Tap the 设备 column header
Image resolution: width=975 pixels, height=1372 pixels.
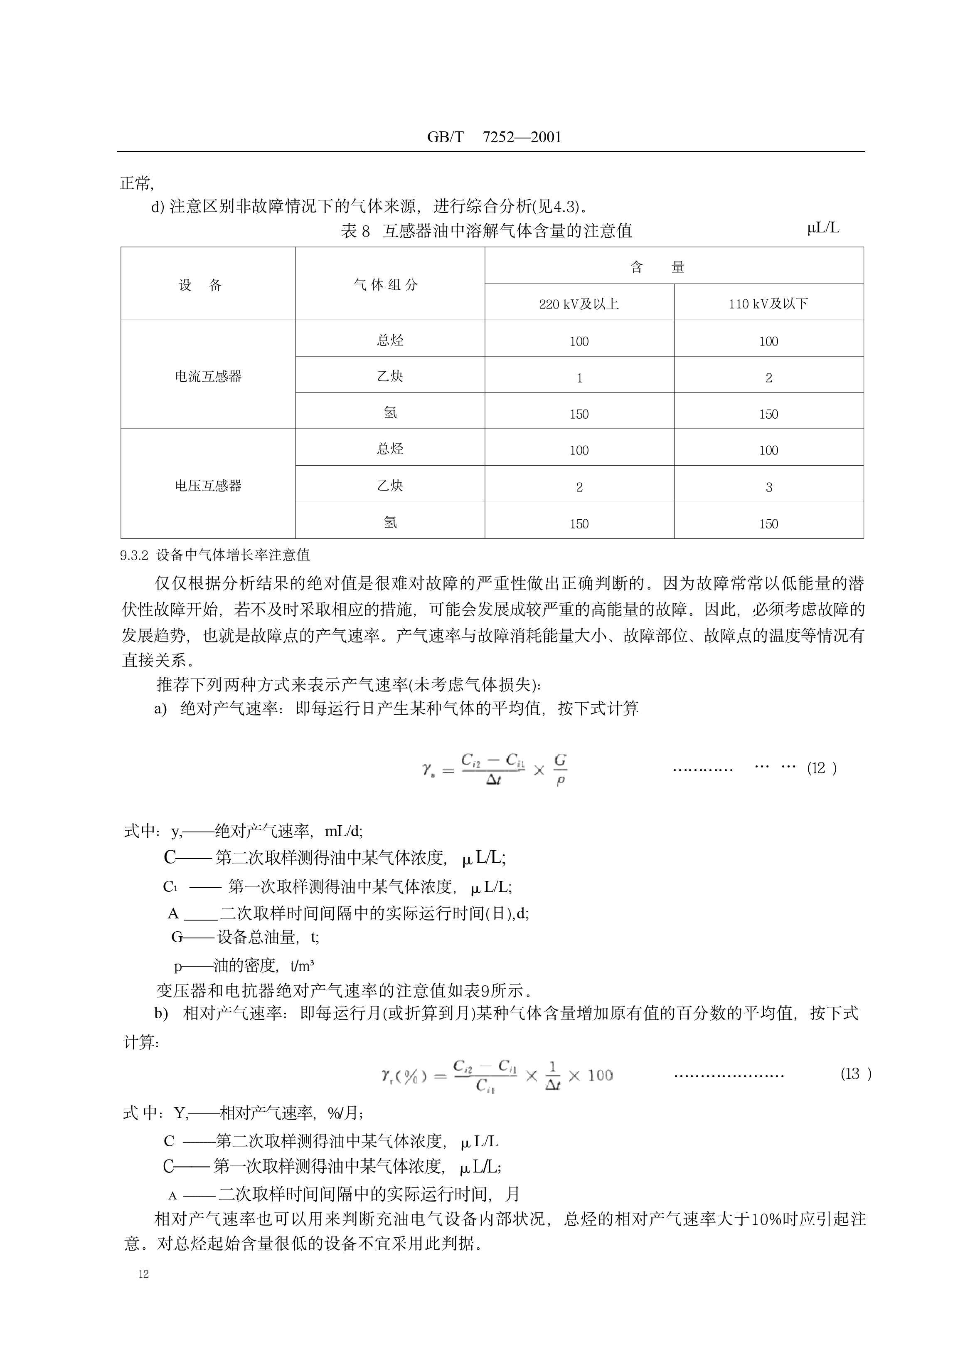(x=200, y=285)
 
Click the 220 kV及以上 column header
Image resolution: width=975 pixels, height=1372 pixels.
(x=579, y=304)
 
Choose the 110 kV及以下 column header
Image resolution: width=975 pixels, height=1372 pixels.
(x=768, y=304)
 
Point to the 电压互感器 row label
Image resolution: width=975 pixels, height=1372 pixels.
(x=208, y=486)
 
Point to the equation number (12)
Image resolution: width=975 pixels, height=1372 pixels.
(x=821, y=768)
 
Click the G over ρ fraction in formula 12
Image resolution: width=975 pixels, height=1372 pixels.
(x=560, y=770)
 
